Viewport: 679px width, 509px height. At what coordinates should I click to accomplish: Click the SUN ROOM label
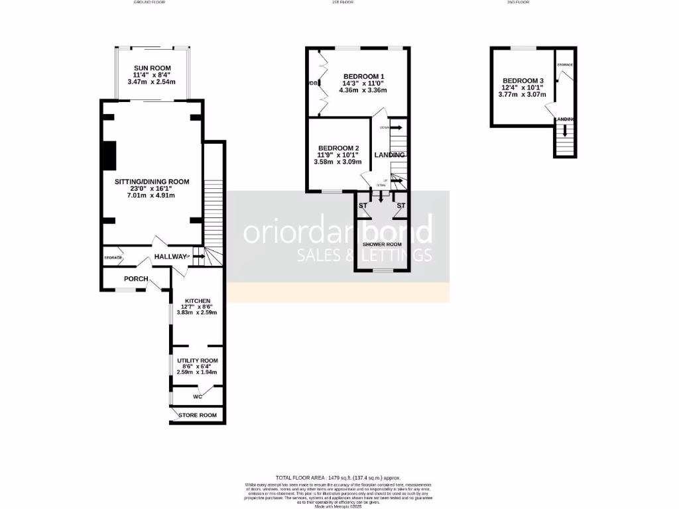[152, 68]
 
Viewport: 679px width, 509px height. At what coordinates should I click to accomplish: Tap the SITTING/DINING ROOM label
[152, 182]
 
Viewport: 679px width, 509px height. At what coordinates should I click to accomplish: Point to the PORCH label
[136, 279]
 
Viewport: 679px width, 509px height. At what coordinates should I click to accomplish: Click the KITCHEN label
[197, 300]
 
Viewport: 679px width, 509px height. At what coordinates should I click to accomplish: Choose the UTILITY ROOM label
[197, 361]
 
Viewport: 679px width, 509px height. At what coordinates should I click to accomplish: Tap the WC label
[197, 397]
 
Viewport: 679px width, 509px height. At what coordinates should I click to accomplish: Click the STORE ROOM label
[198, 416]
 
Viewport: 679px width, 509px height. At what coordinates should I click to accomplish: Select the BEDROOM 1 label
[363, 76]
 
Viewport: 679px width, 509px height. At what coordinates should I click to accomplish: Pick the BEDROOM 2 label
[339, 148]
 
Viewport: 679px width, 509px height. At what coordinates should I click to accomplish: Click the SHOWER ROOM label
[382, 244]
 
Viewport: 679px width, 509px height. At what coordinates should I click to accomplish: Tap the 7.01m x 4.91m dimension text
[152, 196]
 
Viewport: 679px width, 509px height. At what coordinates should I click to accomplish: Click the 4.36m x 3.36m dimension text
[363, 90]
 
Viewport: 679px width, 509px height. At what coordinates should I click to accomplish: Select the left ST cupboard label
[363, 206]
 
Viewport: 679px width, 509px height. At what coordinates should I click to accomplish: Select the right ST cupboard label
[401, 206]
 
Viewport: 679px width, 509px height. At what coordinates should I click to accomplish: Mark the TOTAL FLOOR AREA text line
[339, 477]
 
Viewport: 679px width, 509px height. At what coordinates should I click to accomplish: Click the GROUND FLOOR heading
[149, 3]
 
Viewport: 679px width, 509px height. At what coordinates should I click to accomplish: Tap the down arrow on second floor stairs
[564, 132]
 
